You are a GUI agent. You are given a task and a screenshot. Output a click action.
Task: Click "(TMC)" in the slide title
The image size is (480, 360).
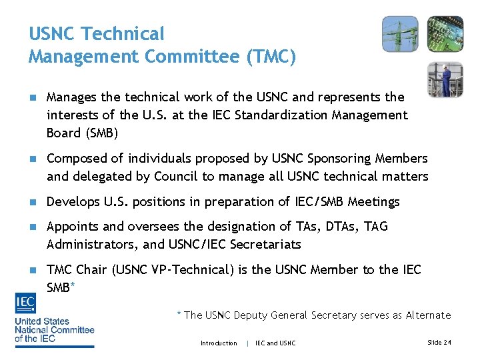tap(271, 56)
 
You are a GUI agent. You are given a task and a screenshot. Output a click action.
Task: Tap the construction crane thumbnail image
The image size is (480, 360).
tap(400, 34)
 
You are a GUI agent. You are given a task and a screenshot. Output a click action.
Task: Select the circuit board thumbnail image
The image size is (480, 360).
tap(445, 34)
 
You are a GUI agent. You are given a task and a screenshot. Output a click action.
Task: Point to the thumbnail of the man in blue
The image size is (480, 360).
tap(445, 79)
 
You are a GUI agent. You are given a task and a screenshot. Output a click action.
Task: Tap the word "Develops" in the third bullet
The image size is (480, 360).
tap(73, 201)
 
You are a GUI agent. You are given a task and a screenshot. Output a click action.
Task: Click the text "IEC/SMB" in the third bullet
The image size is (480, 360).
tap(324, 201)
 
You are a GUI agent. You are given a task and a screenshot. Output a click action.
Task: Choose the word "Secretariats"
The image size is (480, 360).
tap(265, 244)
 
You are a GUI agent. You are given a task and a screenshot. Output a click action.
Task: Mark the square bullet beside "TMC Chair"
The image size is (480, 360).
tap(31, 270)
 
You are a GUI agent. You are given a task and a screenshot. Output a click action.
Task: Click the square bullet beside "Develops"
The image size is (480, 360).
tap(31, 202)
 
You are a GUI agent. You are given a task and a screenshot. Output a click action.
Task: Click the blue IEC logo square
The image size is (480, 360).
tap(25, 304)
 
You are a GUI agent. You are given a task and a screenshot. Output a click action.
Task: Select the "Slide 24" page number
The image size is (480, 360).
tap(439, 343)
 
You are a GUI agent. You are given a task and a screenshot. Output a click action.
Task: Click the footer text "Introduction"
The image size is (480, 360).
tap(219, 343)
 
